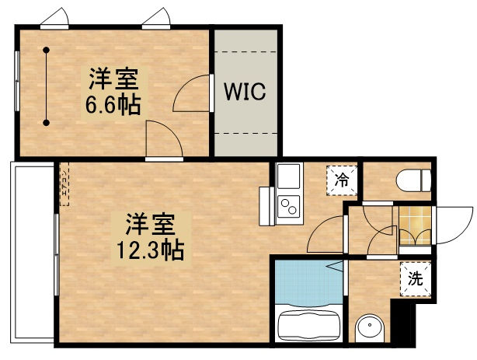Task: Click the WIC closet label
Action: pos(245,92)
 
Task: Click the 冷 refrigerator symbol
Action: pos(342,180)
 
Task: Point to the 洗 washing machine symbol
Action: pos(416,278)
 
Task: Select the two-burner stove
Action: pos(289,206)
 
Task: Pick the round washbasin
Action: pos(368,327)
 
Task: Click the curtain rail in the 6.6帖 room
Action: pos(47,86)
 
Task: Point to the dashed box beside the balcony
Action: pos(64,184)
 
